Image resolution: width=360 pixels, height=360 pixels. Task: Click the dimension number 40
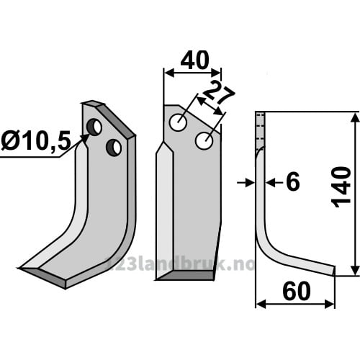[x=195, y=60]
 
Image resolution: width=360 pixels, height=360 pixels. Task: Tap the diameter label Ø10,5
[x=36, y=140]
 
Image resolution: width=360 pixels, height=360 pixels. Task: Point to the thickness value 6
[x=293, y=182]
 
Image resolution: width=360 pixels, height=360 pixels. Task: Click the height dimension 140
[x=341, y=187]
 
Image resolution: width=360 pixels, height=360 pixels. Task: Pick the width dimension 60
[x=297, y=291]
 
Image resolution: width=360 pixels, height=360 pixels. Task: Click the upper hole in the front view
[x=178, y=122]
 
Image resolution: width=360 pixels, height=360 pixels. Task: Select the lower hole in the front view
[x=204, y=141]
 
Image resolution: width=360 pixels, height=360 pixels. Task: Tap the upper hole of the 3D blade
[x=94, y=127]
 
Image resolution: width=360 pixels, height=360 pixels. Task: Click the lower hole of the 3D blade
[x=114, y=148]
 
